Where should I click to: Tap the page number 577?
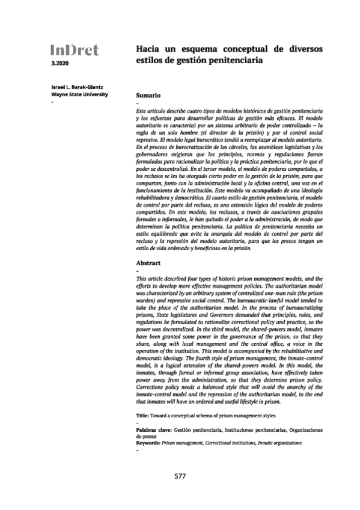180,476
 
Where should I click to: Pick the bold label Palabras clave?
154,430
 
